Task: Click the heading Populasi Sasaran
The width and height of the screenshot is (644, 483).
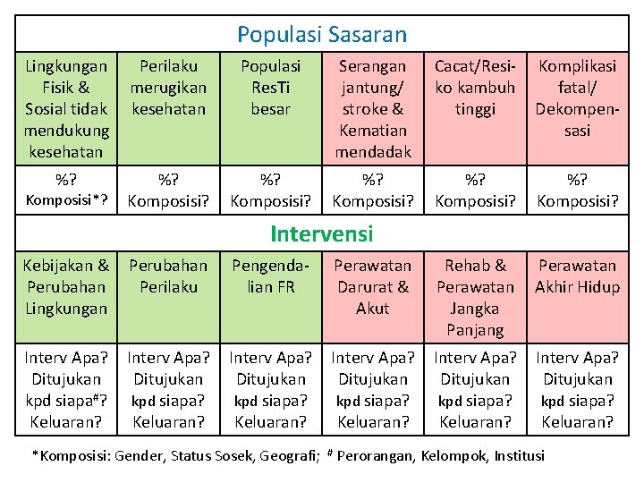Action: pyautogui.click(x=322, y=35)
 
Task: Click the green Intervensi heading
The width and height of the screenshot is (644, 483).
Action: pyautogui.click(x=322, y=234)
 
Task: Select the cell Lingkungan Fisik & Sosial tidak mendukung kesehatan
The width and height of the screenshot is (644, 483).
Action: pyautogui.click(x=67, y=108)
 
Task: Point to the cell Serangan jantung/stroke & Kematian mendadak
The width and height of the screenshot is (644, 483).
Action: pyautogui.click(x=373, y=108)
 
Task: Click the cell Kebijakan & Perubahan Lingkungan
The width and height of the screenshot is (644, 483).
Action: pyautogui.click(x=66, y=286)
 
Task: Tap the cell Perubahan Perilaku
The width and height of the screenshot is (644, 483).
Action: pyautogui.click(x=168, y=276)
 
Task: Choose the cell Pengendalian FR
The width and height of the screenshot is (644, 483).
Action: pyautogui.click(x=271, y=276)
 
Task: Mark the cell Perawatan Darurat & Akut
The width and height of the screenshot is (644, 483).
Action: pyautogui.click(x=373, y=286)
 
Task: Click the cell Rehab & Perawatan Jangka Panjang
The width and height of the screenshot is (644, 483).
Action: pyautogui.click(x=475, y=297)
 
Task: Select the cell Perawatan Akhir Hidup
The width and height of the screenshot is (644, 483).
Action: pyautogui.click(x=577, y=276)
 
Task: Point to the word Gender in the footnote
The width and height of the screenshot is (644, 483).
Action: pyautogui.click(x=142, y=455)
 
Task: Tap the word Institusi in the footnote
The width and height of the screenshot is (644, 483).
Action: pyautogui.click(x=514, y=455)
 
